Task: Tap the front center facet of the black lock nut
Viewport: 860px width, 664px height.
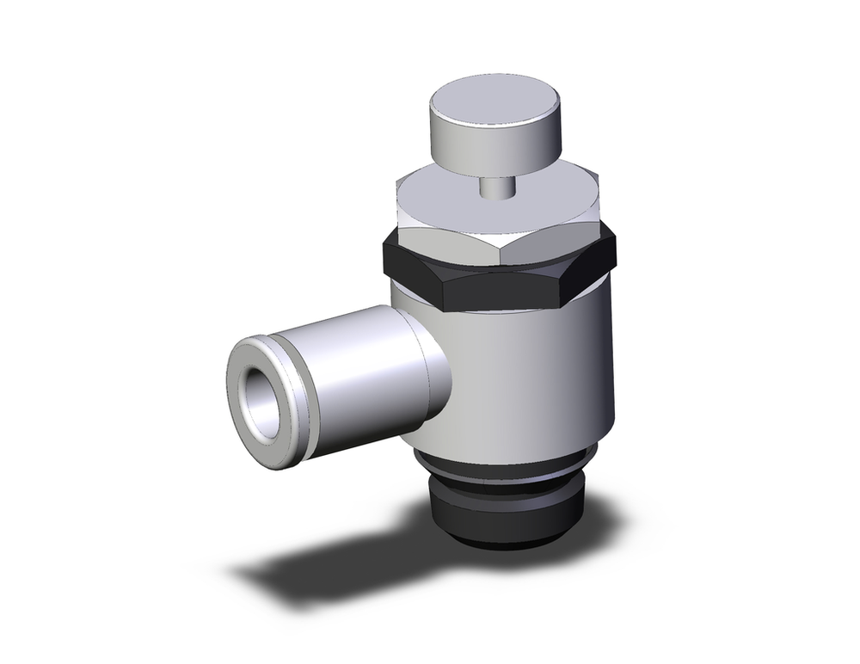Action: (x=507, y=292)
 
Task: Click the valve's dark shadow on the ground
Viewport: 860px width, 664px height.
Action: (x=344, y=576)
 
